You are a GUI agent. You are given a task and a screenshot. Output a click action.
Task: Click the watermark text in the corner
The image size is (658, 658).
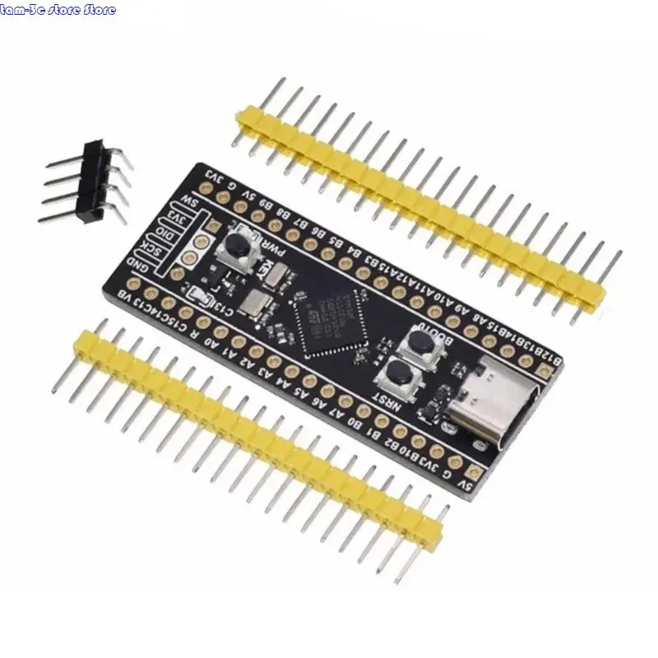58,10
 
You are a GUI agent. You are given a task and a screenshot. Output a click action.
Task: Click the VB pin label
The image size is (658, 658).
125,294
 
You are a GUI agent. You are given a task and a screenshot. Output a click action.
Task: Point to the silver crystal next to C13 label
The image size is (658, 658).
257,302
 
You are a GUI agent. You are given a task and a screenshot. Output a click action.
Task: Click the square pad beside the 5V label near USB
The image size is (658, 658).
473,472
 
